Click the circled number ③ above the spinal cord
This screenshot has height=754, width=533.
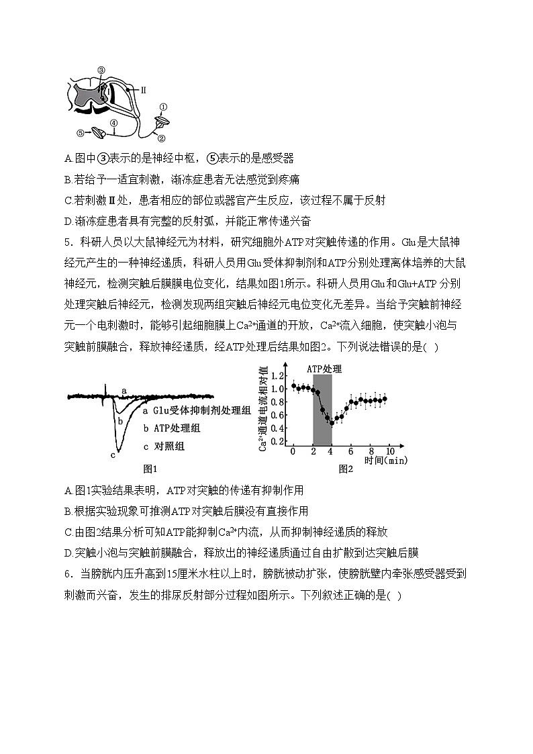click(x=101, y=70)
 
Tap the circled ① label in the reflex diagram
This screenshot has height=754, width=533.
click(x=163, y=107)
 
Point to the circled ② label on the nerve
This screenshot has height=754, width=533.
click(x=161, y=138)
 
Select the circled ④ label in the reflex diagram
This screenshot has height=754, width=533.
click(x=114, y=123)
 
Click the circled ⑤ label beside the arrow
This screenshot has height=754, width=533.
click(x=81, y=133)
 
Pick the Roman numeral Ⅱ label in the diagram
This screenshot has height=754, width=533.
click(x=144, y=88)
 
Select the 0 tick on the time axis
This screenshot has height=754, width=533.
click(x=293, y=452)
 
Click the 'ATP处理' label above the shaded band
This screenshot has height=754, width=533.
click(x=324, y=369)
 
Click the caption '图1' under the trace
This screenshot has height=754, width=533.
click(x=150, y=469)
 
